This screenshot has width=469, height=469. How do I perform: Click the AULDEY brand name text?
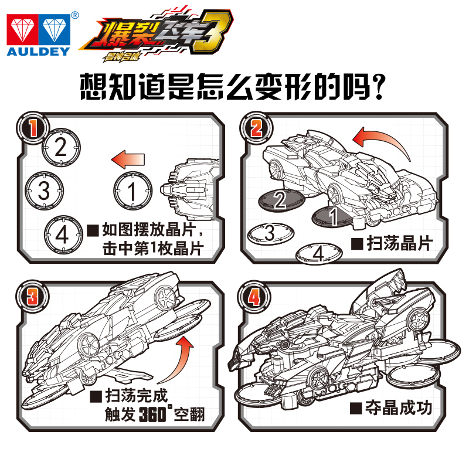[38, 52]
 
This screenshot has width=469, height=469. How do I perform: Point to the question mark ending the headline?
[378, 87]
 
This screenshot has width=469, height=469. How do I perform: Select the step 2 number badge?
[256, 128]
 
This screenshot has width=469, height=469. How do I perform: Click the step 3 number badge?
[32, 297]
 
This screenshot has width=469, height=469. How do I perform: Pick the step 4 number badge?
[254, 297]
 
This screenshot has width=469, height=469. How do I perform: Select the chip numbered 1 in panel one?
[132, 191]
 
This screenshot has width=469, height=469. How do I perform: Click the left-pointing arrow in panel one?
[128, 159]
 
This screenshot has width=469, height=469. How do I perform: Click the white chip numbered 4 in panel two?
[319, 254]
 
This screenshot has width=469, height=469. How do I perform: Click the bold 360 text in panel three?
[152, 414]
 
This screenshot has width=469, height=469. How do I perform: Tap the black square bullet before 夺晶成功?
[356, 408]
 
